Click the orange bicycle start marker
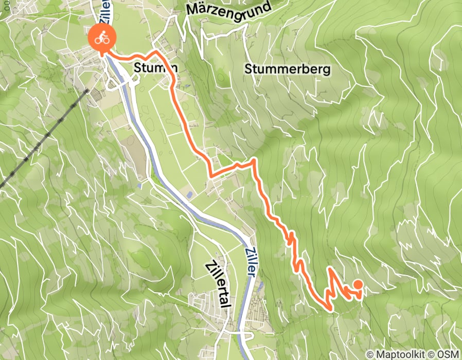tap(102, 38)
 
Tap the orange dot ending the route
tap(357, 284)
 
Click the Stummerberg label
tap(287, 68)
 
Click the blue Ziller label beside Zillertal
tap(250, 260)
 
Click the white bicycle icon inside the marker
tap(102, 38)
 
